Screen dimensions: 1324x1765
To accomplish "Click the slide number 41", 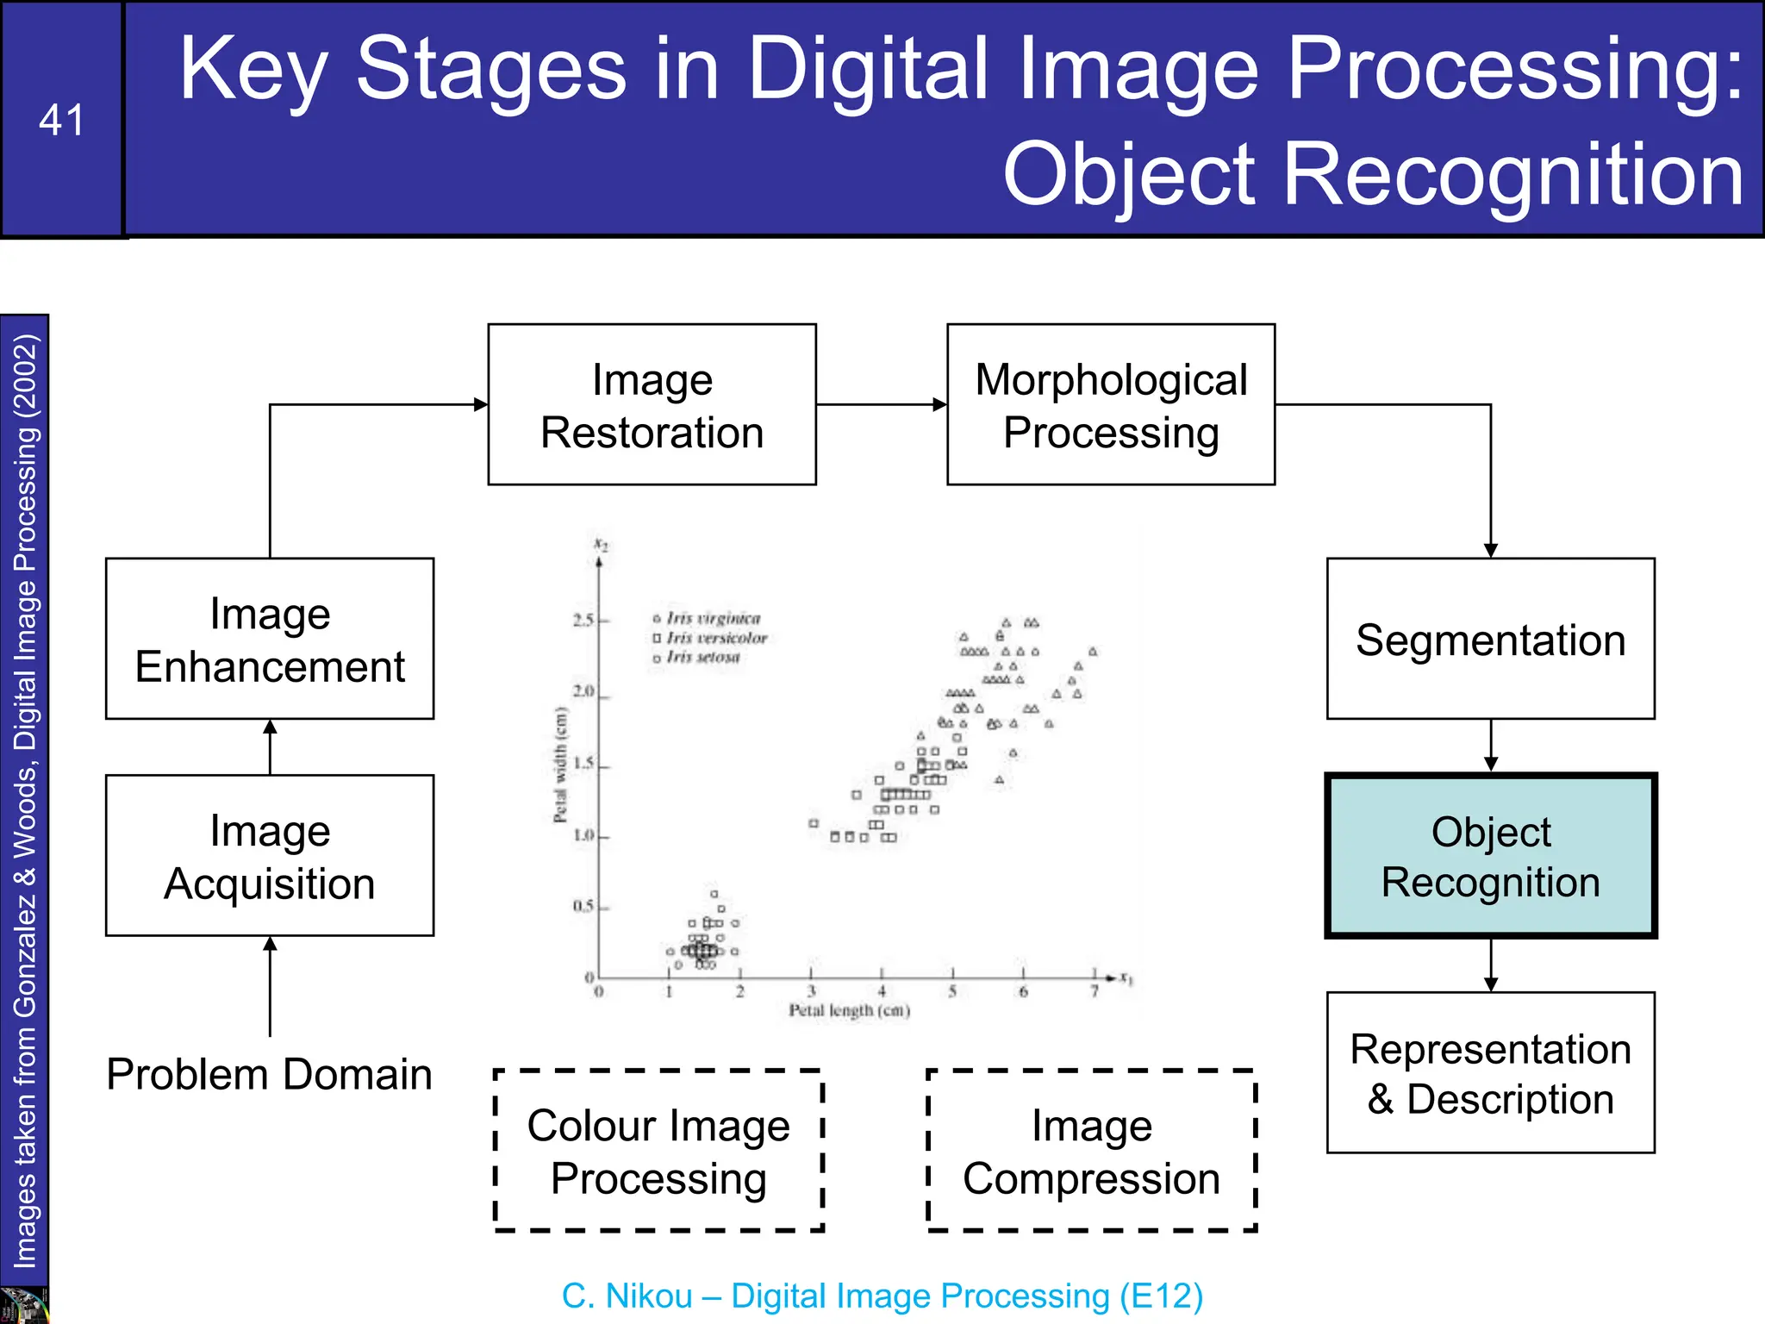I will click(x=61, y=120).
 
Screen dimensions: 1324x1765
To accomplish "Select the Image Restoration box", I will click(x=652, y=404).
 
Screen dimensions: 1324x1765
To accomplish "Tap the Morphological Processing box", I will click(x=1110, y=404).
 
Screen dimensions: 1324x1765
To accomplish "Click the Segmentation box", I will click(x=1490, y=639).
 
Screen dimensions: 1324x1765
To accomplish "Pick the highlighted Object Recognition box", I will click(x=1490, y=856).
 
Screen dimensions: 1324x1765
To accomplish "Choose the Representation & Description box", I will click(x=1490, y=1073).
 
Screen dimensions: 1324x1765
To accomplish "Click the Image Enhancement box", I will click(x=270, y=639).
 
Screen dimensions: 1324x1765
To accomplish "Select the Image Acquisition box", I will click(x=270, y=856).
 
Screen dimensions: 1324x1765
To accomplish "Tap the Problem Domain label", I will click(x=269, y=1074).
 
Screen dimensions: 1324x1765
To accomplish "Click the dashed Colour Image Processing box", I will click(x=658, y=1151).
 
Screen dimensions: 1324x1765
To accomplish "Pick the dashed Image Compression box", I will click(x=1091, y=1151).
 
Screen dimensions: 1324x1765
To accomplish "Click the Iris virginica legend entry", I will click(x=712, y=619).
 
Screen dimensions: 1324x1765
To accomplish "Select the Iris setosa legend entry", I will click(x=702, y=657).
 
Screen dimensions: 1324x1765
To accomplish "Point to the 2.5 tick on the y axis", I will click(x=583, y=620).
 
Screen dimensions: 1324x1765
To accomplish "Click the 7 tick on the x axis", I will click(x=1094, y=991).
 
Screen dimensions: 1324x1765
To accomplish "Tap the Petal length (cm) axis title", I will click(x=849, y=1010).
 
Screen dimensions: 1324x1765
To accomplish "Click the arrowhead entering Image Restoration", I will click(x=481, y=404).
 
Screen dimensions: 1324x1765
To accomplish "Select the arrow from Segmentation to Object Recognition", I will click(x=1490, y=746).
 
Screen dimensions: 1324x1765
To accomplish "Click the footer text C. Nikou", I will click(x=627, y=1296).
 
